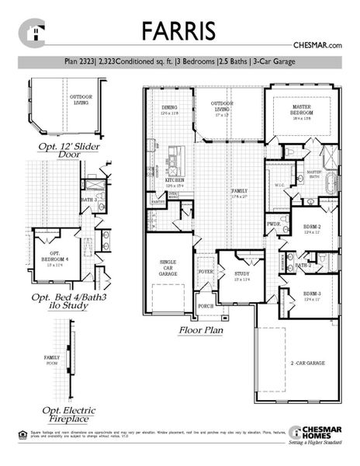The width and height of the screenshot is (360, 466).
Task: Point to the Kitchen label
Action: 174,183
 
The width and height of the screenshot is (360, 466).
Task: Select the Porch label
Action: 206,306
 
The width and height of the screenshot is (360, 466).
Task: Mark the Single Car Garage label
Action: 169,268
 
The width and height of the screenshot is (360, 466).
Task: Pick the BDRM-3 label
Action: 312,296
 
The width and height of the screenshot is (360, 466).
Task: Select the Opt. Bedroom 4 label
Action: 55,257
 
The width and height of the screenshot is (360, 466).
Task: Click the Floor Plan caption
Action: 202,331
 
